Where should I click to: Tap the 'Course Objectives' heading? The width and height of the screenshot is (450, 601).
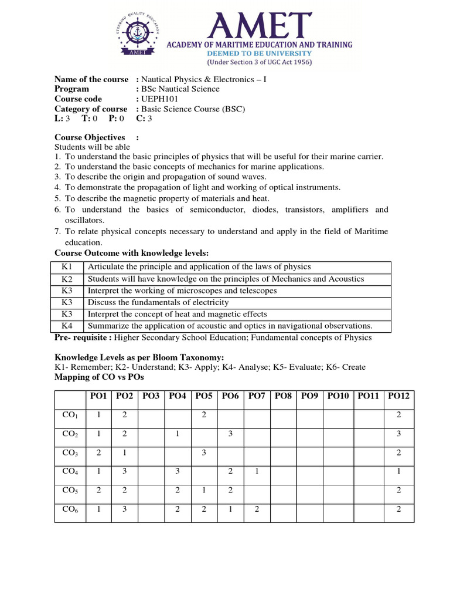pyautogui.click(x=90, y=137)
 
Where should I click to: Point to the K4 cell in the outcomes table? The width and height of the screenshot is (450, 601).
pyautogui.click(x=67, y=326)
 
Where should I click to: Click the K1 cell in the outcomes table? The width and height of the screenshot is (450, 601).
pyautogui.click(x=67, y=267)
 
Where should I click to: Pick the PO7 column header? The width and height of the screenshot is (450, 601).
pyautogui.click(x=257, y=396)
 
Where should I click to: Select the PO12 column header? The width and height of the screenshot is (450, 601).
pyautogui.click(x=398, y=396)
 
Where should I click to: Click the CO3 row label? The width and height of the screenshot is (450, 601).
pyautogui.click(x=70, y=453)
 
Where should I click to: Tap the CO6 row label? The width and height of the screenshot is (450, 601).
pyautogui.click(x=70, y=509)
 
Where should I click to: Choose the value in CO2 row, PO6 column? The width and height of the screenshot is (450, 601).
pyautogui.click(x=230, y=434)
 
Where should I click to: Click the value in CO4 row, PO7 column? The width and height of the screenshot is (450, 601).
pyautogui.click(x=257, y=471)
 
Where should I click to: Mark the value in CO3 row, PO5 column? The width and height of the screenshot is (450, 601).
pyautogui.click(x=203, y=453)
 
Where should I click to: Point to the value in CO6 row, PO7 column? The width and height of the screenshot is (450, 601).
pyautogui.click(x=257, y=509)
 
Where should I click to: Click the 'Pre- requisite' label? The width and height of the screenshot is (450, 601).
pyautogui.click(x=83, y=337)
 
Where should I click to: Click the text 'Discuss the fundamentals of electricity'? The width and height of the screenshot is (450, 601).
pyautogui.click(x=158, y=302)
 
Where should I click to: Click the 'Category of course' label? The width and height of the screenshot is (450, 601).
pyautogui.click(x=91, y=109)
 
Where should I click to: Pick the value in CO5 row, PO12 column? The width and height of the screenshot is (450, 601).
pyautogui.click(x=398, y=490)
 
